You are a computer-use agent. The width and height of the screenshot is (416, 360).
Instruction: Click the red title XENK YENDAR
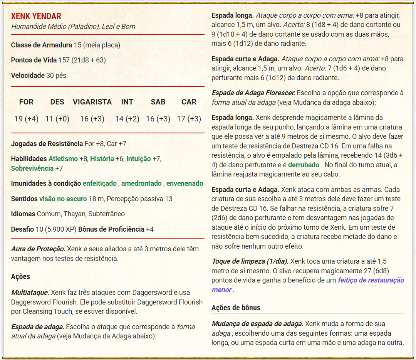coord(36,16)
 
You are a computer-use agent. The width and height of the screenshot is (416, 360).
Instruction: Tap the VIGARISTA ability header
coord(92,102)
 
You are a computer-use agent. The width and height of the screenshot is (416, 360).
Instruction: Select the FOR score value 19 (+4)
coord(26,119)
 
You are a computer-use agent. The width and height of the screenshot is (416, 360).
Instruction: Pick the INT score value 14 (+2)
coord(127,119)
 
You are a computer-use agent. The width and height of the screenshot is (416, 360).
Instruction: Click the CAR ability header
coord(189,102)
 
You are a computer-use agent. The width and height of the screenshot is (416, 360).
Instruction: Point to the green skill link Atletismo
coord(63,159)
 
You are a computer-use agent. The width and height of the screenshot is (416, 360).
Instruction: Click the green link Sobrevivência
coord(32,168)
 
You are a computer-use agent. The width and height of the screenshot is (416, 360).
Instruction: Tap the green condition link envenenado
coord(185,183)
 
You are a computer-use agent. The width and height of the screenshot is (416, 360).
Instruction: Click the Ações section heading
coord(20,276)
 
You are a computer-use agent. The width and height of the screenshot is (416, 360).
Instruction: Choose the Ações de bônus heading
coord(236,308)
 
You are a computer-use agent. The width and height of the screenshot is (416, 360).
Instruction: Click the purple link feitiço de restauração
coord(371,280)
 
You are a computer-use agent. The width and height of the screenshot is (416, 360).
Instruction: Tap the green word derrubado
coord(304,165)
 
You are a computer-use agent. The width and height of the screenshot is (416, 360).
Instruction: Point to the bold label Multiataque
coord(30,292)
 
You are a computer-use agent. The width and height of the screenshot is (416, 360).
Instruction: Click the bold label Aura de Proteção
coord(38,249)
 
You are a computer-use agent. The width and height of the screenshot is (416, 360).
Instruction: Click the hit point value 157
coord(64,60)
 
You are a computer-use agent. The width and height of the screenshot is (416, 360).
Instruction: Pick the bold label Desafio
coord(22,229)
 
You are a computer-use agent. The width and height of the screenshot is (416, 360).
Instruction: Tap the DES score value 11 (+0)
coord(57,119)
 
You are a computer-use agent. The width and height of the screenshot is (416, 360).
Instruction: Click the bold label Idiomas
coord(23,214)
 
